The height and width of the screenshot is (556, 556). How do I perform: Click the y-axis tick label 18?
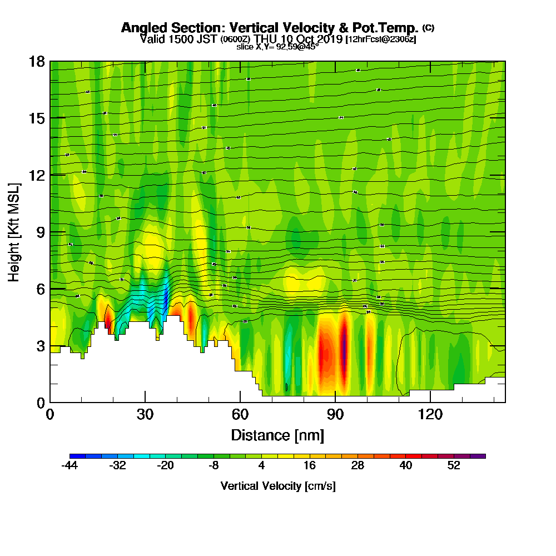click(37, 61)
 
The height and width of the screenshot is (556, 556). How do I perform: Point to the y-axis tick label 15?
click(37, 118)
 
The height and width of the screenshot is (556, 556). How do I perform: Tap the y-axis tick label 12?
click(37, 175)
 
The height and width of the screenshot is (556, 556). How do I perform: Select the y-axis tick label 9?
click(41, 232)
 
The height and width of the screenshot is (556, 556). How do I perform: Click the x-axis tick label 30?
click(145, 414)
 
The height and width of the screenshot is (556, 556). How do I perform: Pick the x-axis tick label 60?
click(240, 414)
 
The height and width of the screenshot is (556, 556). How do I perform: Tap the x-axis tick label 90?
click(335, 414)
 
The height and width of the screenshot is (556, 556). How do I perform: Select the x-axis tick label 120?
click(430, 414)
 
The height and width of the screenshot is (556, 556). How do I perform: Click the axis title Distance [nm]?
click(277, 434)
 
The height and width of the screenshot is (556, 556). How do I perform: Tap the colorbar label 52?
click(454, 466)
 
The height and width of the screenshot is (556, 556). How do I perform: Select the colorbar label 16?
click(310, 466)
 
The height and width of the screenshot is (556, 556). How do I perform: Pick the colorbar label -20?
click(166, 466)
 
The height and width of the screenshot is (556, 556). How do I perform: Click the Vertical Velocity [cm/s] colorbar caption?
click(278, 486)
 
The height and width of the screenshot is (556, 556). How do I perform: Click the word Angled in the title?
click(145, 28)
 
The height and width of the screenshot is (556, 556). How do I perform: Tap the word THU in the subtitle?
click(266, 39)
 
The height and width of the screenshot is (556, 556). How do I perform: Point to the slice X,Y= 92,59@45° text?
click(277, 47)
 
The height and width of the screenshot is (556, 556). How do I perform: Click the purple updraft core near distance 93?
click(344, 350)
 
